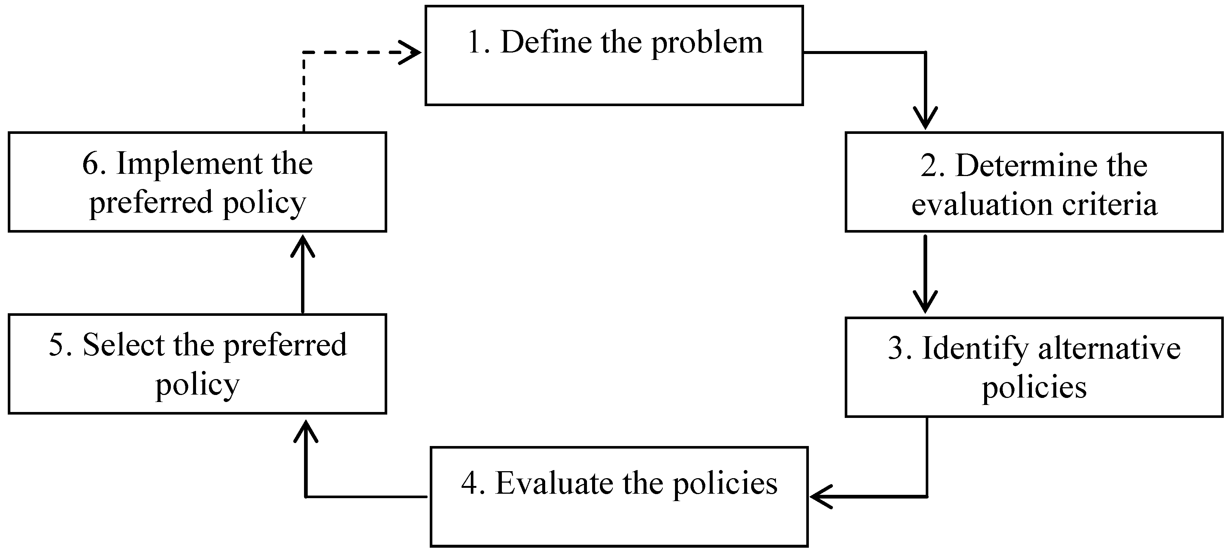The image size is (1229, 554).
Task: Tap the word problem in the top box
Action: [x=707, y=44]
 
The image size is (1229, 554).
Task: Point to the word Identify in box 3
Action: [x=975, y=349]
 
